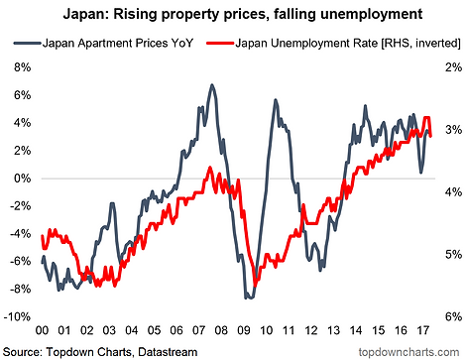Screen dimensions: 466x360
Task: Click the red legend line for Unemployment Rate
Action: (220, 43)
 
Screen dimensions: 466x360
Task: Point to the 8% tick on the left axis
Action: (22, 67)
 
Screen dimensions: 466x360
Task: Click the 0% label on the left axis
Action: (22, 179)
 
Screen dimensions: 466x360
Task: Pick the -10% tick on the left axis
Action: (17, 316)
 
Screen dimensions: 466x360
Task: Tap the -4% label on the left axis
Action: (20, 234)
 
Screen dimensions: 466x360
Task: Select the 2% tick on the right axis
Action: (453, 67)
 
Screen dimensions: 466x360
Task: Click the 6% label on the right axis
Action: (453, 316)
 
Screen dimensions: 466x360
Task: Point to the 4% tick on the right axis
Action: (453, 192)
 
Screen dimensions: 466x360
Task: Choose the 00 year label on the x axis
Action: (42, 330)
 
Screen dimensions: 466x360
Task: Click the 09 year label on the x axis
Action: (244, 330)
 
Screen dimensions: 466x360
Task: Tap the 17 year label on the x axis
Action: (423, 330)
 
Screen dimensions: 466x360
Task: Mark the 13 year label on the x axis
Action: (334, 330)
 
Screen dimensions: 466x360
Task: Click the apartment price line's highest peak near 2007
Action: (212, 85)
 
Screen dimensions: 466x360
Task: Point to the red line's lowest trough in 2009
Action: (255, 285)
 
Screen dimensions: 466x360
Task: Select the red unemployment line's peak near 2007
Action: (210, 168)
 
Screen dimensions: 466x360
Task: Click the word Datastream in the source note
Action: (168, 352)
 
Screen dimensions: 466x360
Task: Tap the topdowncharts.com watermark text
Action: (408, 352)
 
